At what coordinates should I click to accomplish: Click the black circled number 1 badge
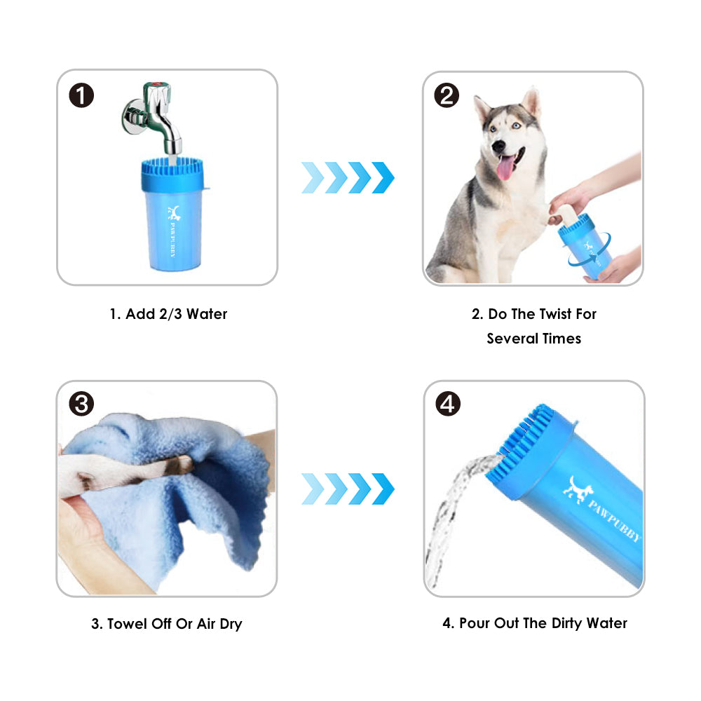coord(81,95)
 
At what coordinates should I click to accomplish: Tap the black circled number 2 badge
coord(447,95)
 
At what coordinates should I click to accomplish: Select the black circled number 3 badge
coord(81,404)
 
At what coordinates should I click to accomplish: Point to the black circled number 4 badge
coord(448,404)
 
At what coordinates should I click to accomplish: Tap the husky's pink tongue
coord(506,168)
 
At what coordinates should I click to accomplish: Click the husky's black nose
coord(498,146)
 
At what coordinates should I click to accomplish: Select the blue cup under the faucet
coord(173,214)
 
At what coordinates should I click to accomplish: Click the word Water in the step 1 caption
coord(207,314)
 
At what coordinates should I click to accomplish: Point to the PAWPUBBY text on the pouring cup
coord(614,519)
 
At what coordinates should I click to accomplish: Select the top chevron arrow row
coord(348,177)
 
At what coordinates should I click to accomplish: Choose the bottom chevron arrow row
coord(348,489)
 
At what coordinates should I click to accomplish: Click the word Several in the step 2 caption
coord(512,339)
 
